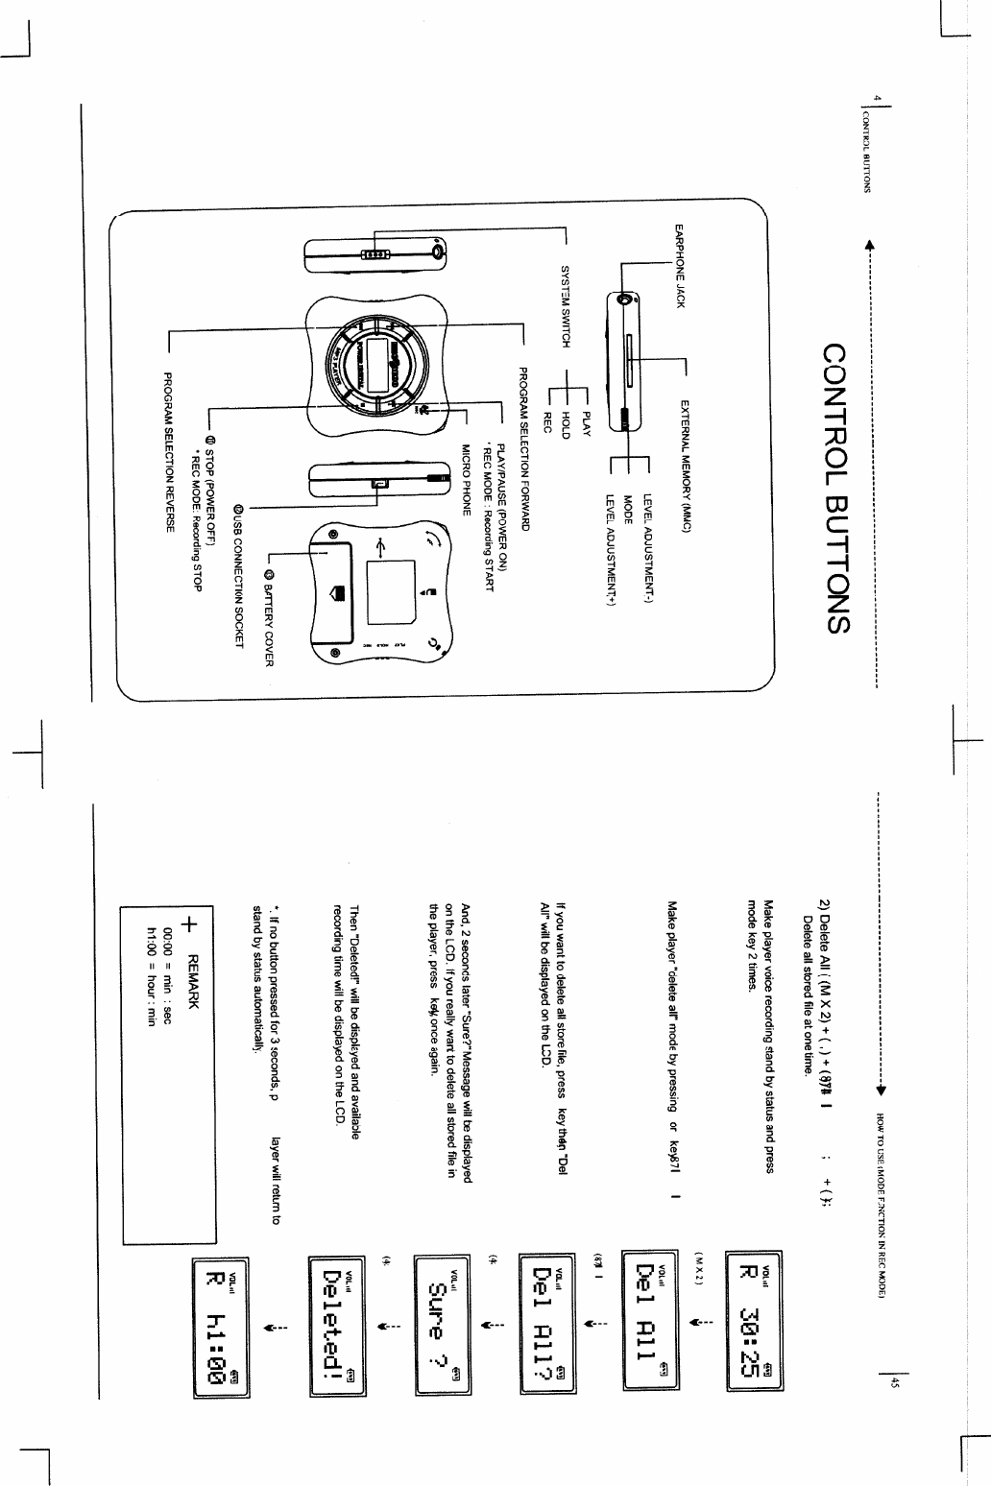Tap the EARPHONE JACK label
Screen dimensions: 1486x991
[x=679, y=266]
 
